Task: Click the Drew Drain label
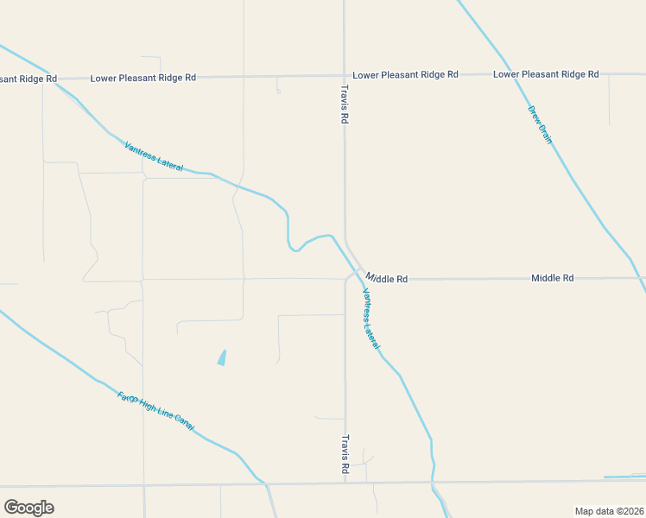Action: pyautogui.click(x=540, y=123)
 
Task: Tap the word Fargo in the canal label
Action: pyautogui.click(x=126, y=398)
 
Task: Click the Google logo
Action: pyautogui.click(x=28, y=508)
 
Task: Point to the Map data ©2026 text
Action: pyautogui.click(x=609, y=510)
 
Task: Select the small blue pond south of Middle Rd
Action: pyautogui.click(x=222, y=357)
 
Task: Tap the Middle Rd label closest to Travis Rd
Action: pyautogui.click(x=387, y=279)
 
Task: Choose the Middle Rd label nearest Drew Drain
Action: pyautogui.click(x=552, y=278)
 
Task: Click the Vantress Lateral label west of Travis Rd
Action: pyautogui.click(x=154, y=156)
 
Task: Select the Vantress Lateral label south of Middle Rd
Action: pyautogui.click(x=370, y=318)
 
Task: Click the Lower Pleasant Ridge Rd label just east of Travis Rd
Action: pyautogui.click(x=405, y=75)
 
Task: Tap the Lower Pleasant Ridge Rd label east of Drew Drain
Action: pyautogui.click(x=546, y=74)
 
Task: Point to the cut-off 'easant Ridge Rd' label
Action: pyautogui.click(x=28, y=79)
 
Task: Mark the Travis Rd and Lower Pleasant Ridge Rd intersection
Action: pyautogui.click(x=344, y=75)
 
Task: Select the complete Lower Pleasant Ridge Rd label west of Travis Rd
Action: pyautogui.click(x=143, y=78)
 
